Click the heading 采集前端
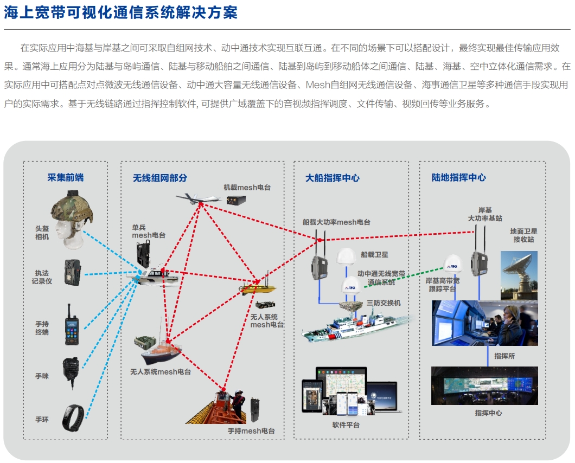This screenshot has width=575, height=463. point(66,177)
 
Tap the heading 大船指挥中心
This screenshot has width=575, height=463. point(333,178)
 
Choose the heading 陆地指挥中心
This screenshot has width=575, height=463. point(458,177)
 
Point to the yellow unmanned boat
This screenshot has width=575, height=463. point(258,287)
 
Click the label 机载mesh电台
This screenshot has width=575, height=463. point(247,187)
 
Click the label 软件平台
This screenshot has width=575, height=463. point(346,425)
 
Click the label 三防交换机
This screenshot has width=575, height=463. point(384,303)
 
